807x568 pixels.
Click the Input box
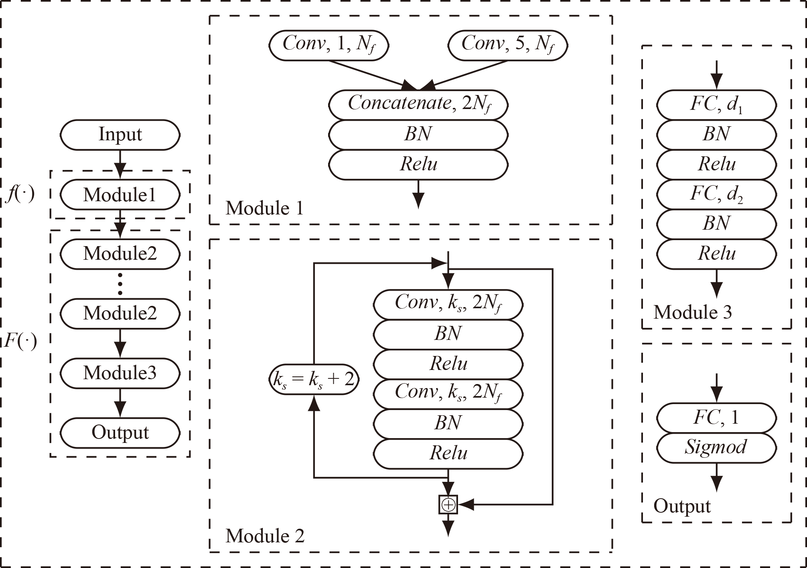(120, 135)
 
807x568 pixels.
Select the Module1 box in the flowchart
(120, 195)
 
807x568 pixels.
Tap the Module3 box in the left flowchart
(120, 373)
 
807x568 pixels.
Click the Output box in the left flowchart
(120, 433)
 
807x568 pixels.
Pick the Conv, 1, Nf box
(329, 45)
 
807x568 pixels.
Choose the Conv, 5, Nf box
(507, 45)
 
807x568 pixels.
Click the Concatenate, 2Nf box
(418, 104)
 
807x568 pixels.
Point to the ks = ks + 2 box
(314, 379)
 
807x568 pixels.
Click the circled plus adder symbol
(448, 505)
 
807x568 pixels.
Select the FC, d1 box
(716, 104)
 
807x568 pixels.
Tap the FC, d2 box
(716, 194)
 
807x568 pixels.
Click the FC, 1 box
(716, 418)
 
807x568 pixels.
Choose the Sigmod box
(716, 447)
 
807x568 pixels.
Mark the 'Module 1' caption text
(265, 208)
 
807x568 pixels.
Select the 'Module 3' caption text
(693, 312)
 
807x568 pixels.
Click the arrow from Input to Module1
(120, 164)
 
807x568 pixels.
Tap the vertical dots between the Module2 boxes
(120, 284)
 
